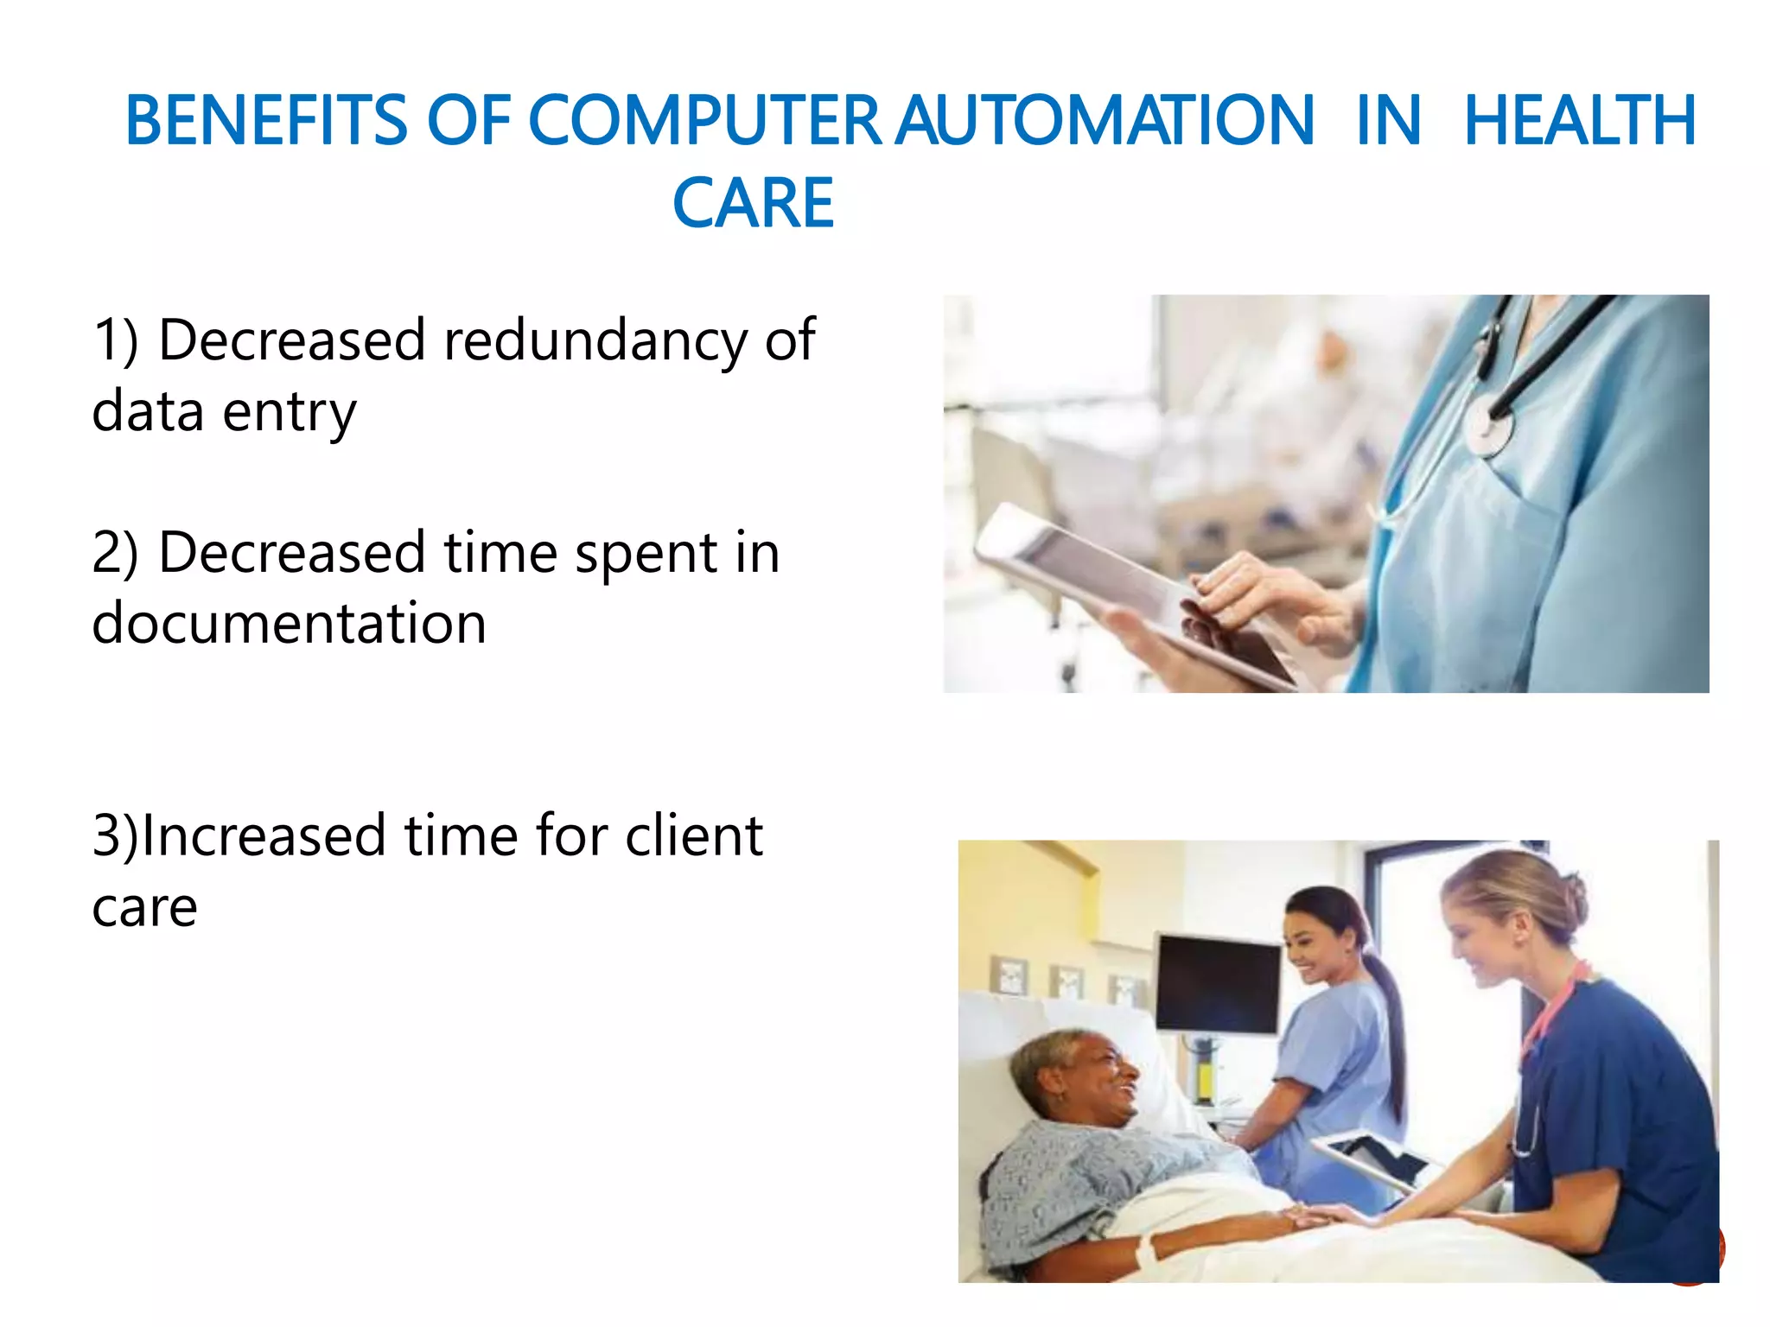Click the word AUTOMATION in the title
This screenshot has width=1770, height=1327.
tap(1105, 121)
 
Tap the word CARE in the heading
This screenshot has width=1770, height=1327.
tap(753, 204)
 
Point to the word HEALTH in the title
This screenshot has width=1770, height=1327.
tap(1580, 121)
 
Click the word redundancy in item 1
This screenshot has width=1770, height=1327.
tap(595, 340)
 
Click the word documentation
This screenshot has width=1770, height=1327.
tap(289, 624)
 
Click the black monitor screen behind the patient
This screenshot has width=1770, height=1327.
tap(1218, 985)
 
